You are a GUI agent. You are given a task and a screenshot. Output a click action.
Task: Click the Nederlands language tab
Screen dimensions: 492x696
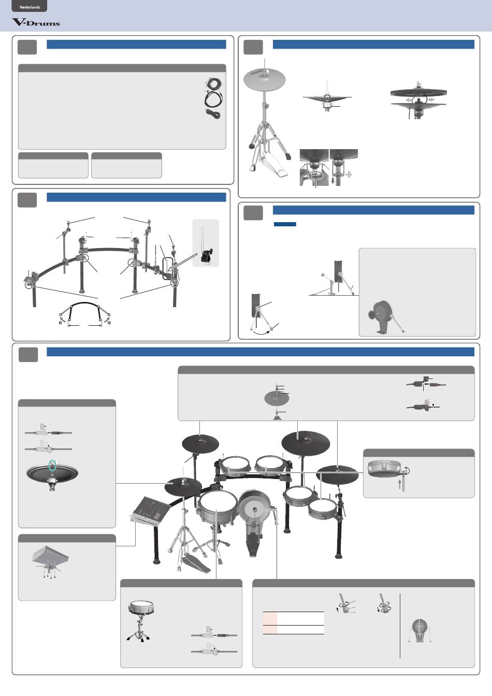(x=30, y=6)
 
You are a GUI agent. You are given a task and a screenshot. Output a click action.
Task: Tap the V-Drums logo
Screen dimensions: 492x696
(x=36, y=22)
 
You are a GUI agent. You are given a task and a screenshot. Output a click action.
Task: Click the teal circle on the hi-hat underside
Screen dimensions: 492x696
(x=53, y=465)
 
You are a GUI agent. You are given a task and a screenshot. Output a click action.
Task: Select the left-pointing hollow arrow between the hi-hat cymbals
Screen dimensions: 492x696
(x=409, y=100)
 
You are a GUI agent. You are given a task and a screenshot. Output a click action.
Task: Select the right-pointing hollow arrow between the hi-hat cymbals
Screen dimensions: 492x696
(x=431, y=100)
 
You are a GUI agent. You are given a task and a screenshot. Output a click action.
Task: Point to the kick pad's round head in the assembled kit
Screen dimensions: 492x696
(x=255, y=509)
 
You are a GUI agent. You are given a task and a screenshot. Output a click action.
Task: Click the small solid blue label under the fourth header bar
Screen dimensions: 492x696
(x=285, y=224)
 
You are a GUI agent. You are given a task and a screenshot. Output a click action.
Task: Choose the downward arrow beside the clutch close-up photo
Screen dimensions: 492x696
(x=333, y=181)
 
